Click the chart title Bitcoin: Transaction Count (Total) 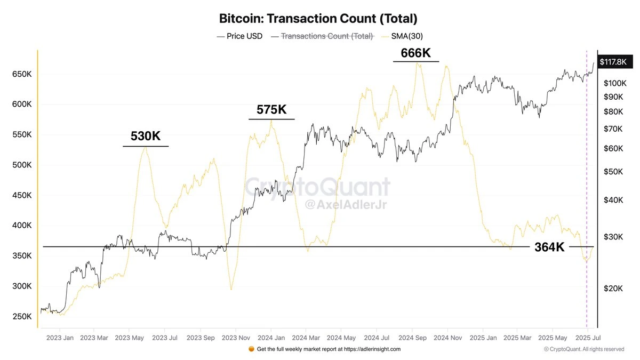[x=318, y=18]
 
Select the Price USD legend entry [x=240, y=36]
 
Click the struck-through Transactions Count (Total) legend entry [x=323, y=36]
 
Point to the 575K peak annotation [x=271, y=110]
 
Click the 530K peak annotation [x=146, y=137]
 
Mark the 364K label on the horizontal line [x=550, y=247]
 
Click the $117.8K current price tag [x=613, y=62]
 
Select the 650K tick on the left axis [x=22, y=75]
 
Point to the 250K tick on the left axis [x=22, y=317]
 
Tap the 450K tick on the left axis [x=22, y=196]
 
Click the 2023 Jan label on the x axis [x=60, y=338]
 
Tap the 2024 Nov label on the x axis [x=448, y=338]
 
